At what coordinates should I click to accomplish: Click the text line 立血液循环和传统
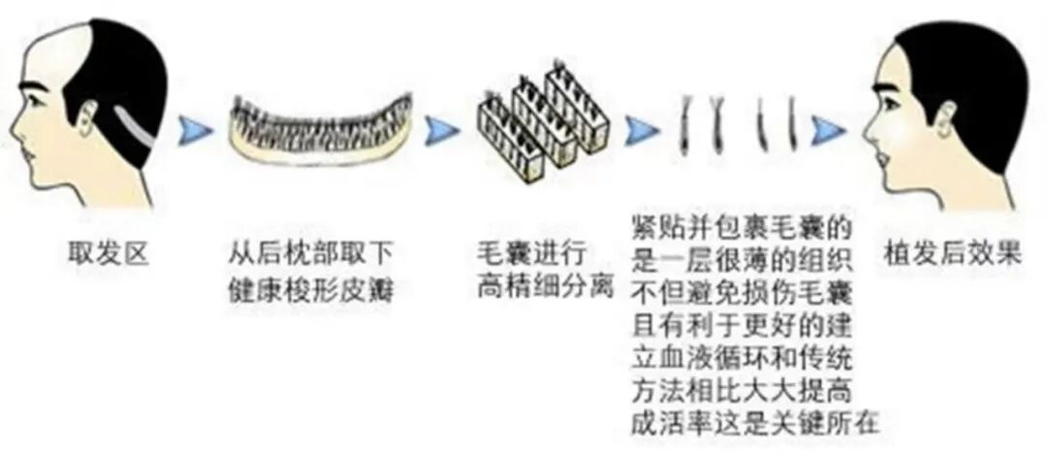[742, 358]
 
